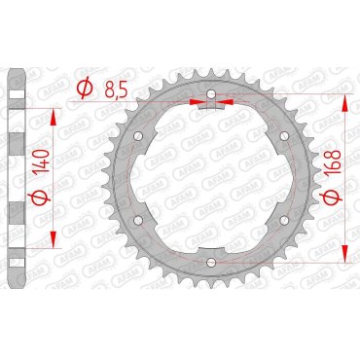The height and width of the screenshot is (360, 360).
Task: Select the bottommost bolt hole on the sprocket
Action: pos(210,261)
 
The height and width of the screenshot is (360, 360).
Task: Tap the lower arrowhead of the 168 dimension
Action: pos(347,255)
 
